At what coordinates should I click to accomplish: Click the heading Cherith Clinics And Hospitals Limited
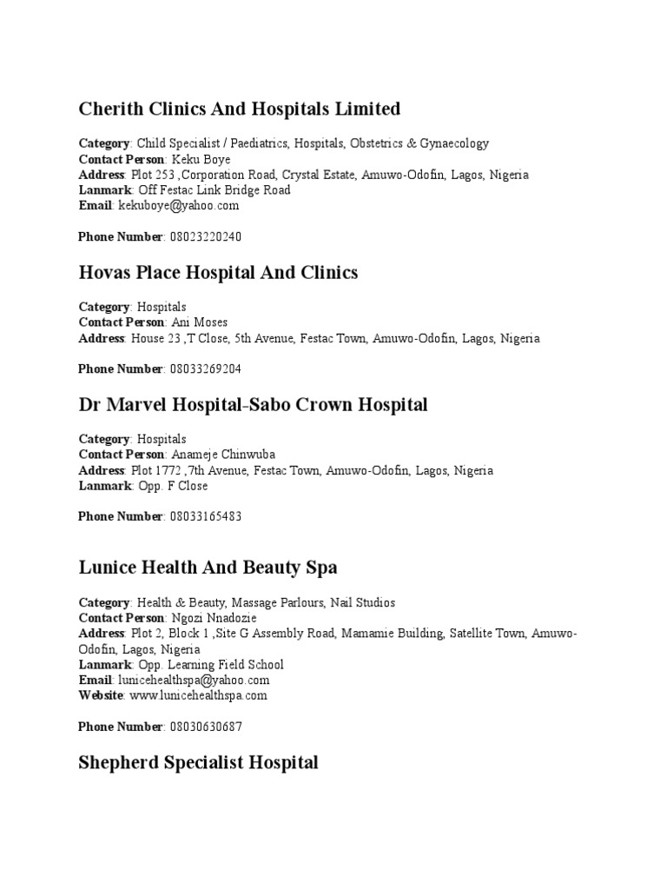[x=240, y=110]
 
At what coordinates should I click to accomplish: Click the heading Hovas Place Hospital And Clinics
[x=218, y=273]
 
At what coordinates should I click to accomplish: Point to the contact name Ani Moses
[x=200, y=322]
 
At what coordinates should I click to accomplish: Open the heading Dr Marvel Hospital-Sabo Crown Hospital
[x=253, y=405]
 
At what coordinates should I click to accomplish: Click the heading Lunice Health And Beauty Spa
[x=208, y=568]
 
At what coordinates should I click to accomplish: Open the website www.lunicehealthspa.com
[x=198, y=695]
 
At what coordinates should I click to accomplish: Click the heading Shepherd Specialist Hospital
[x=198, y=763]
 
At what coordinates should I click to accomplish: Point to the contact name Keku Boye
[x=201, y=159]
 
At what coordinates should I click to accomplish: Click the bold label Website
[x=102, y=695]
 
